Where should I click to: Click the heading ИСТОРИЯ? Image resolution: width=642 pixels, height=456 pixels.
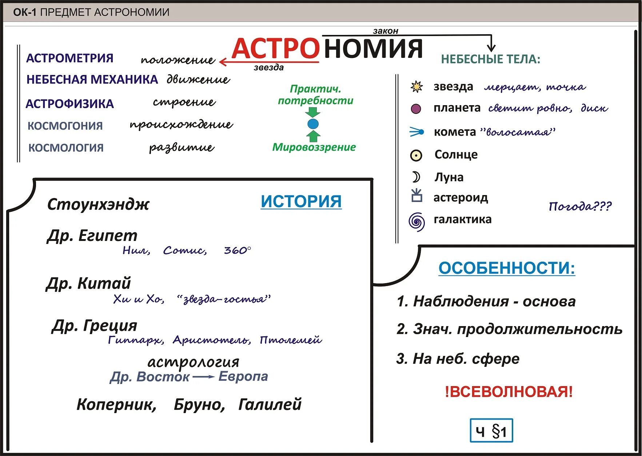point(301,201)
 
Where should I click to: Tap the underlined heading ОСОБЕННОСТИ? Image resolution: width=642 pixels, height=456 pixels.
point(507,268)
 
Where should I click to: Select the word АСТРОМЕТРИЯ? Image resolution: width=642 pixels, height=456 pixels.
point(70,58)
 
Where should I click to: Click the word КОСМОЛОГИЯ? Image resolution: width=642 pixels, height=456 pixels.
point(66,148)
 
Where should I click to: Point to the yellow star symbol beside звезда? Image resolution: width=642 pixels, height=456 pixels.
point(416,87)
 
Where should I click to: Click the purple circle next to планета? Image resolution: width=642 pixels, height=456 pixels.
point(416,108)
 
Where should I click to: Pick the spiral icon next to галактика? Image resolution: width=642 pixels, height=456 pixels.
point(416,221)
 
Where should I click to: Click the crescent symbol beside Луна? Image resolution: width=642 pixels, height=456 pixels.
point(416,177)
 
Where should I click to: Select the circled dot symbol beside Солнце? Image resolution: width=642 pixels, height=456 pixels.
point(416,155)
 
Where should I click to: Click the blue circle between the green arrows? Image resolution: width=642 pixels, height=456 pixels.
point(313,124)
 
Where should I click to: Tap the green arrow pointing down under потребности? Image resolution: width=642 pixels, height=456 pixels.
point(313,112)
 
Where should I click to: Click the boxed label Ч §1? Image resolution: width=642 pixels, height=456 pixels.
point(491,431)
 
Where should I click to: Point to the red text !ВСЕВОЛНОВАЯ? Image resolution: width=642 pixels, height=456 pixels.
point(509,392)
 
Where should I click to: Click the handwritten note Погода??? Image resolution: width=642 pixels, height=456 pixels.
point(580,206)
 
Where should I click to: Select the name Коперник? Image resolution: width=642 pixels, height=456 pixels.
point(116,404)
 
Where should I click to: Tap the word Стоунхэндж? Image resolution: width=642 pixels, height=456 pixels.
point(98,205)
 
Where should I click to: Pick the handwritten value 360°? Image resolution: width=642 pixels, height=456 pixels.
point(237,250)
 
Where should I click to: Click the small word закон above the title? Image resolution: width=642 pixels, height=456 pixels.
point(386,31)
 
